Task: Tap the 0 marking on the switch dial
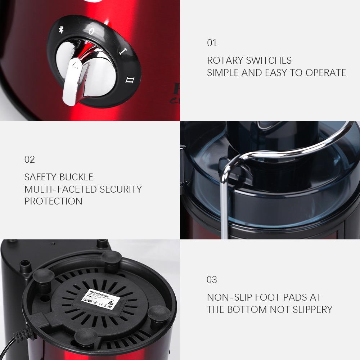point(91,31)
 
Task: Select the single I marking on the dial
point(122,51)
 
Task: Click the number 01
point(212,43)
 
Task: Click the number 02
point(30,159)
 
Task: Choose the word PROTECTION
point(53,201)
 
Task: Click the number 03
point(212,280)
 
